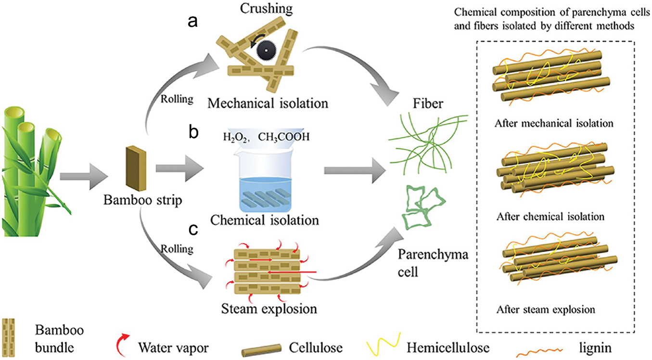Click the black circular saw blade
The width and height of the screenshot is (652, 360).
click(x=266, y=51)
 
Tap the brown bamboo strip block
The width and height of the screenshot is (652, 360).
click(x=136, y=169)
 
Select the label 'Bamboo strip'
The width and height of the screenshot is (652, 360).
click(x=142, y=201)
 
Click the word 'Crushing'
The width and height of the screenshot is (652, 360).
click(x=266, y=9)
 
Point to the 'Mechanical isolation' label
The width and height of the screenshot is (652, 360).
click(x=268, y=103)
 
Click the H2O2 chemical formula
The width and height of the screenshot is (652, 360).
click(x=235, y=137)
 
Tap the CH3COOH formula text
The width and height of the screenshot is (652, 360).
click(x=284, y=137)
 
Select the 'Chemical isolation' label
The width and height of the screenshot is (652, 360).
click(x=265, y=220)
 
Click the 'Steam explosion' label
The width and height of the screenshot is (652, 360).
click(x=269, y=309)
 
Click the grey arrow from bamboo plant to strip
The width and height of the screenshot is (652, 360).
click(x=84, y=176)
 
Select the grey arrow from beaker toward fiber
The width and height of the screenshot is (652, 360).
click(x=355, y=170)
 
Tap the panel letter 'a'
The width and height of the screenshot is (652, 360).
click(x=192, y=22)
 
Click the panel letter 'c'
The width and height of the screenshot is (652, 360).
click(x=193, y=229)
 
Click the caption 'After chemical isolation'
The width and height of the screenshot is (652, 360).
click(x=550, y=217)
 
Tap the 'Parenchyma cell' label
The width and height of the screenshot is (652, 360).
click(x=433, y=263)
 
